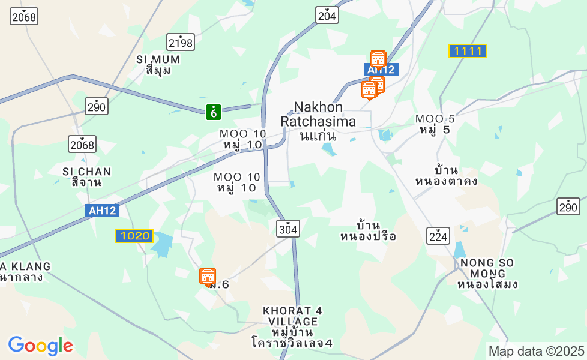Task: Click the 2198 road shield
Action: point(181,42)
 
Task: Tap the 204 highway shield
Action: point(327,16)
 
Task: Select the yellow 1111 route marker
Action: point(468,51)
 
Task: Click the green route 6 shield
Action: point(214,111)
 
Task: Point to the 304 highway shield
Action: point(288,228)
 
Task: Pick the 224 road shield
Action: point(439,235)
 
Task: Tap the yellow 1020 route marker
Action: point(134,236)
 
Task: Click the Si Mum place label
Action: point(158,65)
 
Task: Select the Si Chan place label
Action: point(86,177)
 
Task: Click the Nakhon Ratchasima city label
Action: point(318,121)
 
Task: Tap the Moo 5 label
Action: point(435,124)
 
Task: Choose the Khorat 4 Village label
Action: point(292,327)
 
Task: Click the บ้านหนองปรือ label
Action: point(368,231)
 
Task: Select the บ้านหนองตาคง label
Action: point(447,175)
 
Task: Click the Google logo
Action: point(40,346)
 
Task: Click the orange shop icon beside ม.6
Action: point(207,276)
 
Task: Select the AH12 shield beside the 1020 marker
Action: point(103,211)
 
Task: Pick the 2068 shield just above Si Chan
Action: point(82,144)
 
